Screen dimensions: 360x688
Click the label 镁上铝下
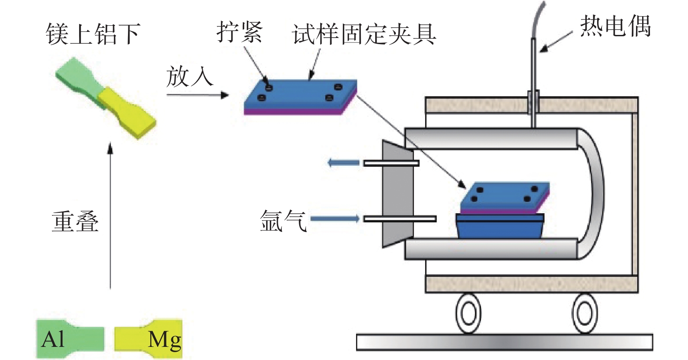click(93, 34)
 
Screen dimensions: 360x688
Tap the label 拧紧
click(239, 32)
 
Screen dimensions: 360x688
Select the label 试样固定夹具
click(364, 34)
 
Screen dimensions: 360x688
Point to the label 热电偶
click(615, 26)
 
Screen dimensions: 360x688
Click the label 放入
click(189, 76)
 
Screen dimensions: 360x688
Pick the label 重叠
click(75, 221)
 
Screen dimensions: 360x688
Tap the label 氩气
click(283, 220)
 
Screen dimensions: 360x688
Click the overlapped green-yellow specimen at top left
click(106, 98)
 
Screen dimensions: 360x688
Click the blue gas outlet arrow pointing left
click(343, 163)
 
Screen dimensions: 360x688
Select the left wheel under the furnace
click(468, 313)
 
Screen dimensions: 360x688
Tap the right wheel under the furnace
click(584, 313)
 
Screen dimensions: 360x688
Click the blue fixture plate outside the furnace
click(301, 96)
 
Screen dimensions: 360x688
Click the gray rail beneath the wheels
click(504, 342)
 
